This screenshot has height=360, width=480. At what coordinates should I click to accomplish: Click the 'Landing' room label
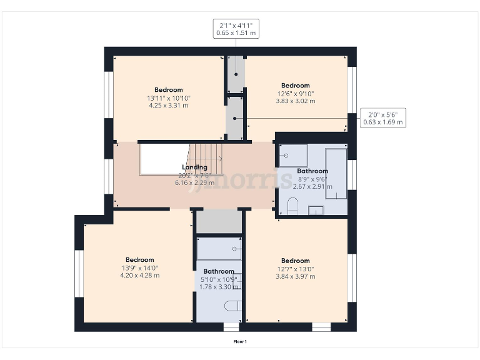point(194,167)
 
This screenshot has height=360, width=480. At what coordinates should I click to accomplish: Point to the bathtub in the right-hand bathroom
point(336,173)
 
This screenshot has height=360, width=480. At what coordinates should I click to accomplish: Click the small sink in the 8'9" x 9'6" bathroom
point(316,210)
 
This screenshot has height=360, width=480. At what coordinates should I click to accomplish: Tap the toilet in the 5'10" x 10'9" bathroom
point(232,306)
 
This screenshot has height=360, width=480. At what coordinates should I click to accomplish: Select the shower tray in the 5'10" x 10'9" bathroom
point(219,249)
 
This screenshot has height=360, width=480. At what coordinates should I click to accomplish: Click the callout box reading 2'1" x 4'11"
point(235,28)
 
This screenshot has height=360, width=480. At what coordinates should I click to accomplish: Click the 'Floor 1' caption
point(240,341)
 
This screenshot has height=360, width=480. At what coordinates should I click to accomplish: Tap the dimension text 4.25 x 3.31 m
point(168,106)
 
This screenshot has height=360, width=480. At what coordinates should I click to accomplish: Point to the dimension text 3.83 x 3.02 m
point(295,101)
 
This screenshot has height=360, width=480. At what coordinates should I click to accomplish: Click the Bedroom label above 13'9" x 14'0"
point(139,259)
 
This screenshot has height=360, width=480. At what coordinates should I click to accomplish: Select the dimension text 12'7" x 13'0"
point(295,269)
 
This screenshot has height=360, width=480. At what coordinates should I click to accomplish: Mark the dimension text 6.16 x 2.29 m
point(194,183)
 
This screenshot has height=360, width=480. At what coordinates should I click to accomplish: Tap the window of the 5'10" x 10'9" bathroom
point(231,327)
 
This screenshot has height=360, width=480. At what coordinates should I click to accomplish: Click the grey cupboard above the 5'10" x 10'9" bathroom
point(219,222)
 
